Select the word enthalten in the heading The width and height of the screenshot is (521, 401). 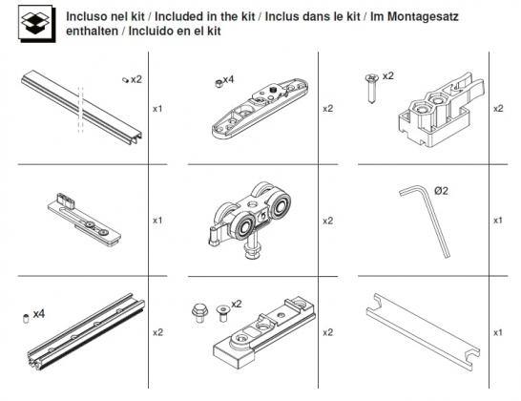[92, 31]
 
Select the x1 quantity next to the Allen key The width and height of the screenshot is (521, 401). [497, 221]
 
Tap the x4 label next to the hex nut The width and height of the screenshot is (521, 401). [228, 79]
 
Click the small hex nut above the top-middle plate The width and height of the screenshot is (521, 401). [217, 84]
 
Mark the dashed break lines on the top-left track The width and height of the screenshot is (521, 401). [83, 104]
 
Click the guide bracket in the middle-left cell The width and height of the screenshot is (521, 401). [84, 216]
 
